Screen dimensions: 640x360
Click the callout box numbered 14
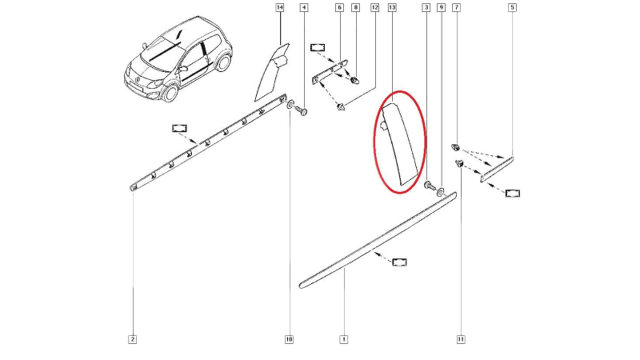point(279,7)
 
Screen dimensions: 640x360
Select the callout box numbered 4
point(304,7)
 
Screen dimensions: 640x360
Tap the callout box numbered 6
point(339,7)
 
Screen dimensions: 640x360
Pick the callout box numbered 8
point(356,7)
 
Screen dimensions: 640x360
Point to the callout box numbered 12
point(375,7)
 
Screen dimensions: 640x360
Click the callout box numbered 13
point(392,7)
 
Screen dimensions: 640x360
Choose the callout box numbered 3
point(426,7)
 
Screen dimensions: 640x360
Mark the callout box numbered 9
point(441,7)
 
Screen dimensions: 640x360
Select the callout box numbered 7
point(457,7)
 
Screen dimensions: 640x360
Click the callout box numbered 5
point(512,7)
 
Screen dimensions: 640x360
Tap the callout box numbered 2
point(132,339)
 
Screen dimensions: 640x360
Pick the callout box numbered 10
point(289,339)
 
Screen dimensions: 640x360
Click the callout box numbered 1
point(344,339)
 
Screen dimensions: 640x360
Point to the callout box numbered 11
point(461,339)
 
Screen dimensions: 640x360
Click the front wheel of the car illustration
point(170,93)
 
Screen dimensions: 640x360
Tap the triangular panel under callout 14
point(270,74)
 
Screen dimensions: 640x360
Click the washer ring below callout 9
point(442,191)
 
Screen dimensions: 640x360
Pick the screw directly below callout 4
point(302,110)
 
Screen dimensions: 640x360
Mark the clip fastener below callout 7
point(455,146)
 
